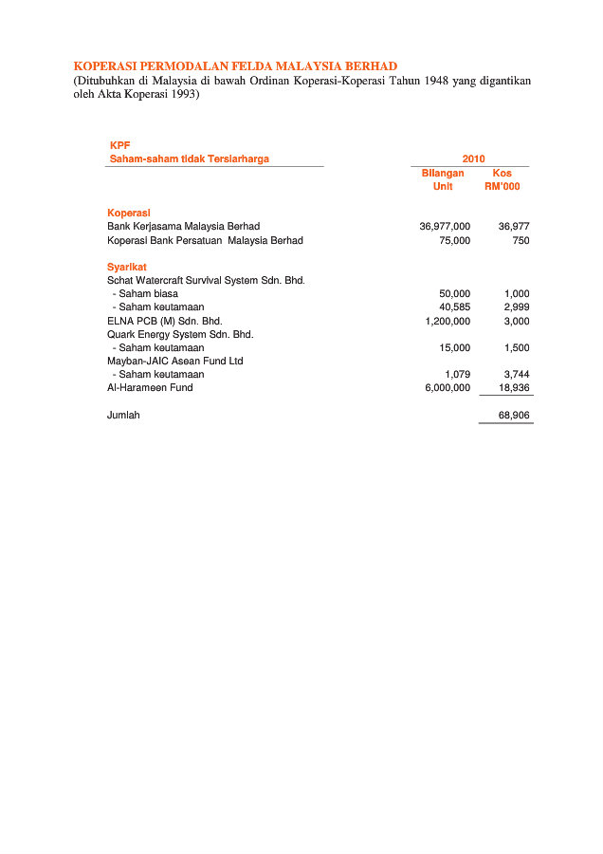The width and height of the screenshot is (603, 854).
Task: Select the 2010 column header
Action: [x=473, y=158]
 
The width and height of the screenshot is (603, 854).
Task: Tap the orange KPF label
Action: [x=119, y=145]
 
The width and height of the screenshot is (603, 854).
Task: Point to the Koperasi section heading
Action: [x=129, y=213]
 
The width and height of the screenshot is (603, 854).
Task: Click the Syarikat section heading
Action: [x=127, y=267]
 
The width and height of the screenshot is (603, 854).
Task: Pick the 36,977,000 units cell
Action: [x=445, y=227]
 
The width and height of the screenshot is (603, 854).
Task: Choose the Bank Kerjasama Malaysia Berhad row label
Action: [x=183, y=227]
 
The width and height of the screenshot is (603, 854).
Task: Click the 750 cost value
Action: [x=521, y=241]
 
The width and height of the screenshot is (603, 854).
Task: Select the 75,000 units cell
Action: [x=454, y=241]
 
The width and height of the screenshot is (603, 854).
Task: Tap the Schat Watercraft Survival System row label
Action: [x=206, y=281]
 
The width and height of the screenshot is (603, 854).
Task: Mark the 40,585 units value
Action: [x=454, y=307]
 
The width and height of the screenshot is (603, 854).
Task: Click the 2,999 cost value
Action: [x=517, y=307]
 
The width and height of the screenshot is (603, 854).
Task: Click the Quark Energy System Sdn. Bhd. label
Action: [x=180, y=334]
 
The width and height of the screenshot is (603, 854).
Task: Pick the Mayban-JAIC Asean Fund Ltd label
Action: [x=174, y=361]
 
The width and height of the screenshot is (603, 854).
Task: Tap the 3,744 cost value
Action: [x=517, y=375]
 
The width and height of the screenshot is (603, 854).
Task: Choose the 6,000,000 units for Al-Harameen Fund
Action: [x=448, y=388]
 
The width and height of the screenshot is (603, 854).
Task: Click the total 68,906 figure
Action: [x=514, y=416]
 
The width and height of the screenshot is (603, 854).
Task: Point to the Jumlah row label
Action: [x=123, y=416]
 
